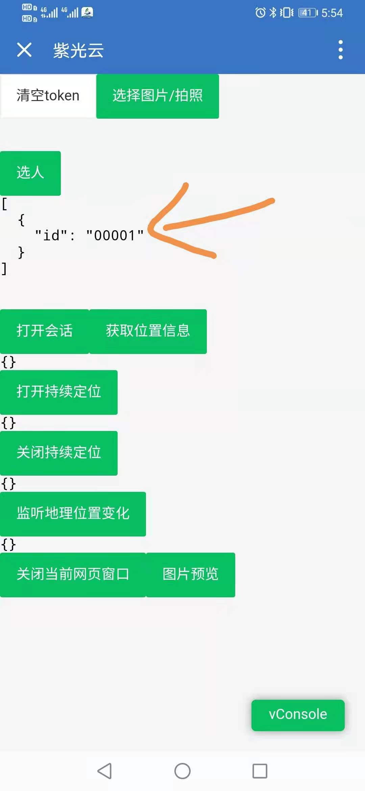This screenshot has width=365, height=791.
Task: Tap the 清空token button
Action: click(x=48, y=96)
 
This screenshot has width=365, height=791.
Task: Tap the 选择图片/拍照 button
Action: click(x=157, y=96)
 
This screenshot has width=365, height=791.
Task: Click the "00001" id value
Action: click(x=115, y=236)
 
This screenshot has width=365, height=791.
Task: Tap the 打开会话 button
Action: click(x=45, y=331)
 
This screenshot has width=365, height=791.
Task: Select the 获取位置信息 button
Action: click(x=148, y=331)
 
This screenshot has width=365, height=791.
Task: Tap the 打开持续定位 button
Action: click(x=59, y=392)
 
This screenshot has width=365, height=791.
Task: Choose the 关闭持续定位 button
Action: click(x=59, y=453)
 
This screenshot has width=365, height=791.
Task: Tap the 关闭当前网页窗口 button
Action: click(x=73, y=575)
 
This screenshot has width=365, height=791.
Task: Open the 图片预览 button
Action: click(x=191, y=575)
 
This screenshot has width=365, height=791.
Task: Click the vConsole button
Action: click(x=298, y=715)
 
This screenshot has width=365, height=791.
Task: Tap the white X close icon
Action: click(x=24, y=50)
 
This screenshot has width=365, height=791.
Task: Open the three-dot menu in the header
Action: click(x=340, y=50)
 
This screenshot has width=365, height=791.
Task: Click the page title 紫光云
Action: click(x=78, y=51)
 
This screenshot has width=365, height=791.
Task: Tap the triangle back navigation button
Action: click(x=104, y=771)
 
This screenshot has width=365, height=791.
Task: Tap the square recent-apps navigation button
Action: click(x=260, y=771)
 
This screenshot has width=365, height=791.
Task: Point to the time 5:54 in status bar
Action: click(x=332, y=13)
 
